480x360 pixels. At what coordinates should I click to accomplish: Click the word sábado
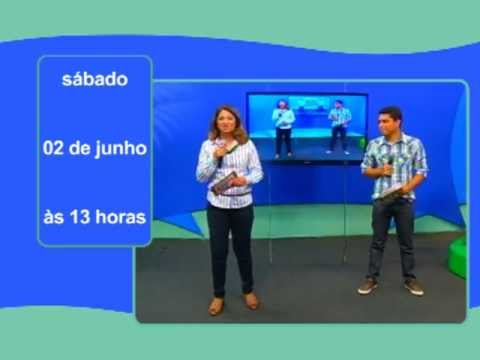95,80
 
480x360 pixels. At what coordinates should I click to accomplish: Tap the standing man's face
390,125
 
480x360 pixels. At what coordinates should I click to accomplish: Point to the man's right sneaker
368,286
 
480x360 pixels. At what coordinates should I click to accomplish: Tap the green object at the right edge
458,257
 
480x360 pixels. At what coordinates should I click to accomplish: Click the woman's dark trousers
232,245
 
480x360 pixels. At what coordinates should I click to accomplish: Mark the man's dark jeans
391,235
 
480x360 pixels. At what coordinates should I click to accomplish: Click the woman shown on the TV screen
283,128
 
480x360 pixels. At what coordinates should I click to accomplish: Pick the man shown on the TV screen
340,125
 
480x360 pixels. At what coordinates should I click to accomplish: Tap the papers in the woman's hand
226,182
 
